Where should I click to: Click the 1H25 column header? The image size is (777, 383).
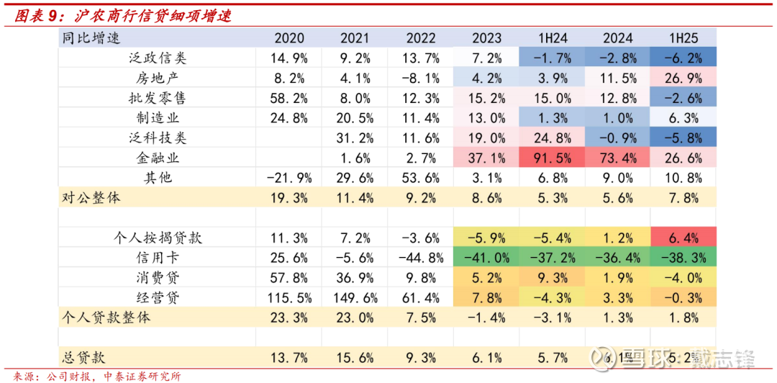click(x=684, y=38)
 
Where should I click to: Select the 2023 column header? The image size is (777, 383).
click(x=487, y=38)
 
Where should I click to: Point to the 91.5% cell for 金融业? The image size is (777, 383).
click(x=553, y=158)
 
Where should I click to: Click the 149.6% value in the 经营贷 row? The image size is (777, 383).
click(x=353, y=297)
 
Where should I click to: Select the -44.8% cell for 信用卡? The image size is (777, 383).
click(x=419, y=258)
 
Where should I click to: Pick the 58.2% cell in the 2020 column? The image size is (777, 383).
click(x=288, y=99)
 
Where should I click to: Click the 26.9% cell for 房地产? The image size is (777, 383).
click(x=684, y=78)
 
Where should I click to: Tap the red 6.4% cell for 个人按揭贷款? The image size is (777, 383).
click(x=684, y=238)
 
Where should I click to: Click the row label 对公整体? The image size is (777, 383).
click(x=91, y=198)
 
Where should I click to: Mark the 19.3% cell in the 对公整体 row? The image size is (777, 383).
click(x=288, y=198)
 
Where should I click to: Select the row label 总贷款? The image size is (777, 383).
click(x=82, y=357)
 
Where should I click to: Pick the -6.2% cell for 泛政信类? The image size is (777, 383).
click(x=684, y=58)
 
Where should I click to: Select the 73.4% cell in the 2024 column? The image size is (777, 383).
click(x=619, y=158)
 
